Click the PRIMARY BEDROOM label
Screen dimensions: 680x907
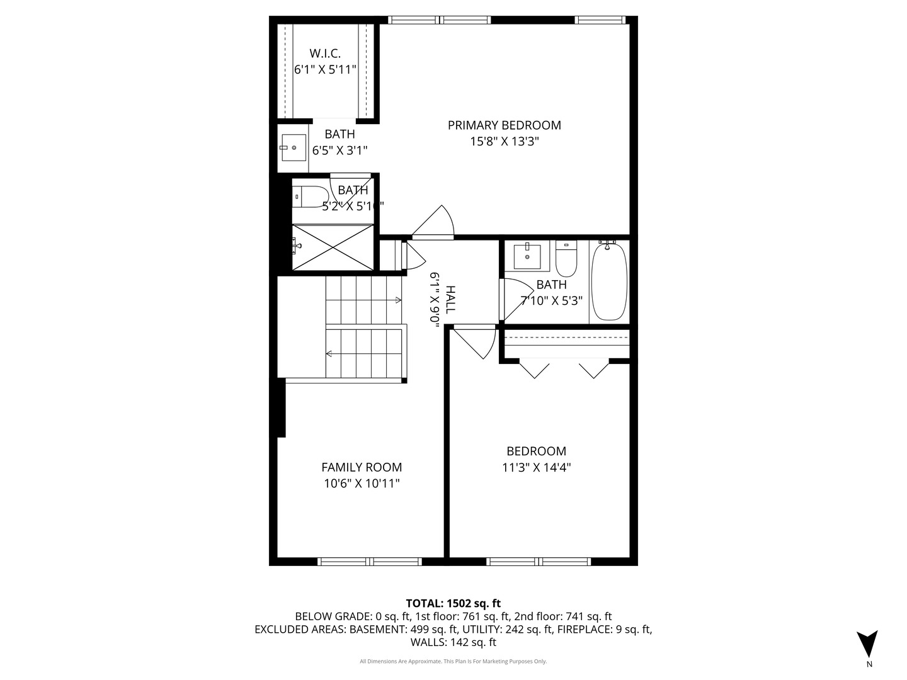click(504, 125)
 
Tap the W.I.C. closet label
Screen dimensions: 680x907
click(325, 54)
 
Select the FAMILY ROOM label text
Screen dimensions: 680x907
click(362, 467)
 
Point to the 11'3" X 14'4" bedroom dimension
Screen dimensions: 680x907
click(537, 468)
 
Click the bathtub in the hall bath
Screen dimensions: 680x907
click(609, 281)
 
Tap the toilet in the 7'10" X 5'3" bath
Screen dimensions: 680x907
click(566, 259)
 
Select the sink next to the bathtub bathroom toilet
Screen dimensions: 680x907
click(527, 256)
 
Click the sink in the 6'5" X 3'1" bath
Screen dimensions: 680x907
click(294, 148)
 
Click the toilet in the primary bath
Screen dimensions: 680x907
click(310, 196)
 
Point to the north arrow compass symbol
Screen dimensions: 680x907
click(867, 644)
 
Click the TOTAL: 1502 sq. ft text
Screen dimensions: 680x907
click(453, 603)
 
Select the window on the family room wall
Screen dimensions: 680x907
click(369, 561)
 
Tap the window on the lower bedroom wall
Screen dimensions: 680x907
click(539, 561)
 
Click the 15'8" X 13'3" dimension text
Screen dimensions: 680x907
click(504, 142)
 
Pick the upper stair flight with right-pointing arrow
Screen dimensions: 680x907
click(364, 300)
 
